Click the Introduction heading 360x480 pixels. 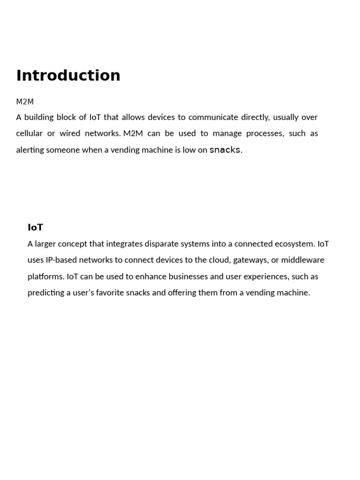pyautogui.click(x=68, y=75)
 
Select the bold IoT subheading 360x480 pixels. pyautogui.click(x=35, y=227)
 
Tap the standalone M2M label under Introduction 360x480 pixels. pyautogui.click(x=25, y=101)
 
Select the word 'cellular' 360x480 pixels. pyautogui.click(x=29, y=134)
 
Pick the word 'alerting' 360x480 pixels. pyautogui.click(x=30, y=150)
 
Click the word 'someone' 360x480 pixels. pyautogui.click(x=63, y=150)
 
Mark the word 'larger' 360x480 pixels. pyautogui.click(x=47, y=244)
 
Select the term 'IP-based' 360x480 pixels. pyautogui.click(x=61, y=260)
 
